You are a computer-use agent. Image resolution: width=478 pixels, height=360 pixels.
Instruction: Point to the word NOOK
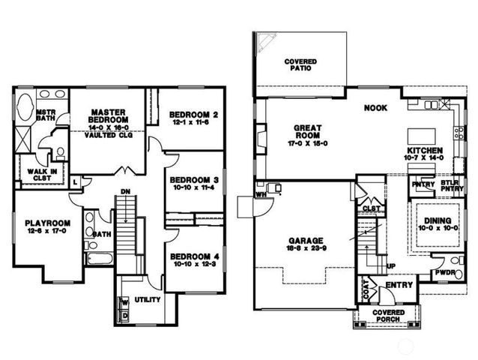(x=375, y=108)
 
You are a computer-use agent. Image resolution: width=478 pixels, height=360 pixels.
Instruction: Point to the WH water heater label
(x=261, y=193)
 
